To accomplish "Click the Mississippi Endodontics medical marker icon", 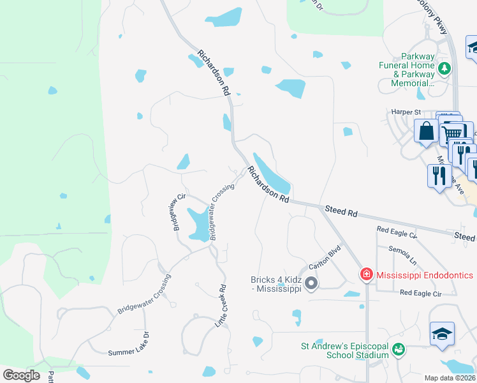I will pyautogui.click(x=367, y=275).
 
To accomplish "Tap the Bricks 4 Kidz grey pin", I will pyautogui.click(x=311, y=283).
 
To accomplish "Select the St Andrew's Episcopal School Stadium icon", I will pyautogui.click(x=399, y=349).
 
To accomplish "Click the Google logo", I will pyautogui.click(x=21, y=375).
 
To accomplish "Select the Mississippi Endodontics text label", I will pyautogui.click(x=425, y=275).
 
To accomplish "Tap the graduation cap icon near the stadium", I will pyautogui.click(x=442, y=334).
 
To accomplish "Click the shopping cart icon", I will pyautogui.click(x=452, y=133).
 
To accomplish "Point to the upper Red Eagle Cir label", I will pyautogui.click(x=396, y=232).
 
